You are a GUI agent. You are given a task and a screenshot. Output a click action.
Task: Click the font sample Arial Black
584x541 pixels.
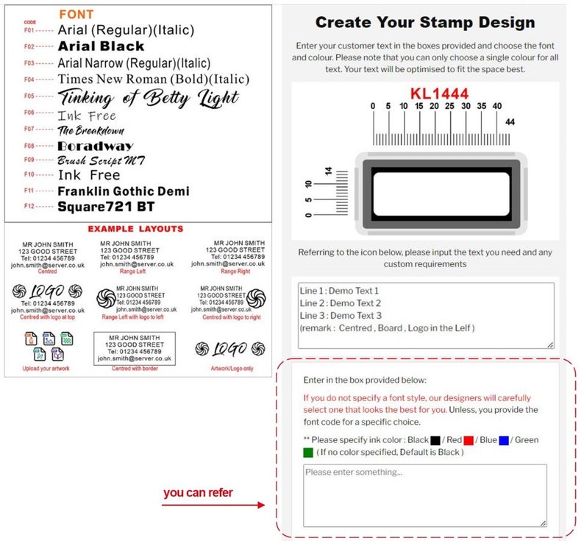pos(101,46)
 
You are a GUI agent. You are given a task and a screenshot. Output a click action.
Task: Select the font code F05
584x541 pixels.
pos(29,96)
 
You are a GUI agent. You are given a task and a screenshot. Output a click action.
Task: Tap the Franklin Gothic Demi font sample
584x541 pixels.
pos(123,191)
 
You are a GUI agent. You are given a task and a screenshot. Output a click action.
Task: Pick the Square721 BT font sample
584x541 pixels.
pos(106,207)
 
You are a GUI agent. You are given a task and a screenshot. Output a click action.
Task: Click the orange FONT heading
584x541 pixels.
pos(76,14)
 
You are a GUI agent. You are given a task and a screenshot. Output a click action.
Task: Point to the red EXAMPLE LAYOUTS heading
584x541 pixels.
pos(135,229)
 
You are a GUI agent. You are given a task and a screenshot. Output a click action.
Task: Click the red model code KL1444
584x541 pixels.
pos(438,93)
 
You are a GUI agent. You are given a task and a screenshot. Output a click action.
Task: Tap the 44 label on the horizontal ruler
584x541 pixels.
pos(510,121)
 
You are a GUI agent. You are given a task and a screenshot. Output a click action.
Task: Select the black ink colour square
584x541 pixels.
pos(435,440)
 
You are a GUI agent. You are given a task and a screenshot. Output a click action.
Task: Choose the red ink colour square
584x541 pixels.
pos(469,440)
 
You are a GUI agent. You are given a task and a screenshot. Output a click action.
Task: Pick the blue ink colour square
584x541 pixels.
pos(503,440)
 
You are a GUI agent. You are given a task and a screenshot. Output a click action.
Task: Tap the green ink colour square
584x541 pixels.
pos(308,452)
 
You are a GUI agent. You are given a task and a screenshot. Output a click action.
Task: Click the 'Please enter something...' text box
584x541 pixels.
pos(424,495)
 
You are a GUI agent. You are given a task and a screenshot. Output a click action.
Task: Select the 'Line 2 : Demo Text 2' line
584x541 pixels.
pos(341,303)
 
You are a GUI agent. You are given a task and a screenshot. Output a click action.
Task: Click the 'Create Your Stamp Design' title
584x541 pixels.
pos(424,23)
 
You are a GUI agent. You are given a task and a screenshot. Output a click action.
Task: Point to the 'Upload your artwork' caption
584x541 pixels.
pos(46,368)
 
